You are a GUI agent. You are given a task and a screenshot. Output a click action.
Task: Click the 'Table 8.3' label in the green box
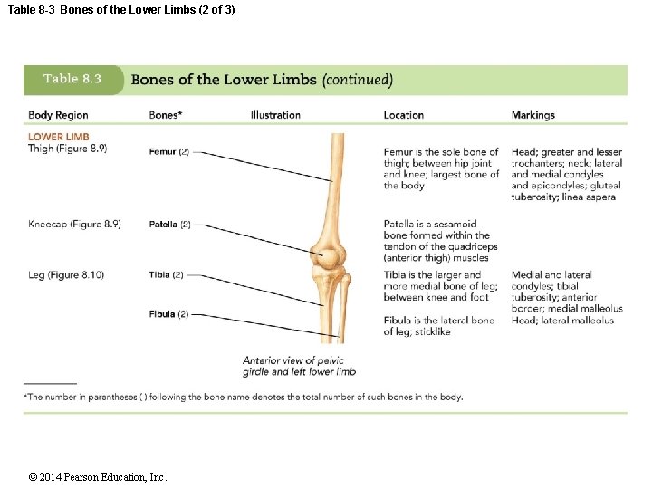coord(72,79)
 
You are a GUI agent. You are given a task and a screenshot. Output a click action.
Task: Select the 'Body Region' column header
coord(58,115)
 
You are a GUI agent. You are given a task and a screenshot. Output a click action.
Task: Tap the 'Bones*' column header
coord(165,115)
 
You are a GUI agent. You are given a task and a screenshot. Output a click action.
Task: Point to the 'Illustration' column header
coord(275,115)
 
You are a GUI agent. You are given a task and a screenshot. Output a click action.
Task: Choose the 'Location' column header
coord(403,115)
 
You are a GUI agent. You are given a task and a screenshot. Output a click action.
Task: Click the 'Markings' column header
coord(532,115)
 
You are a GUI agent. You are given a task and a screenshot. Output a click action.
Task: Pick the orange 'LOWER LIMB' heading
coord(59,138)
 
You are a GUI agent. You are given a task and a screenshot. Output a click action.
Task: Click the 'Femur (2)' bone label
coord(168,151)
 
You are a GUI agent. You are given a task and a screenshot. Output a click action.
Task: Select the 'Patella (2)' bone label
coord(170,224)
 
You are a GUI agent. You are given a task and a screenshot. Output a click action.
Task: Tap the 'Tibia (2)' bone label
coord(167,274)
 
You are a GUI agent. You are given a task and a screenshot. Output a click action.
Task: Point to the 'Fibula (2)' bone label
coord(168,314)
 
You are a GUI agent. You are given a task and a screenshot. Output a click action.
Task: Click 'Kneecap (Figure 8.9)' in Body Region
coord(74,224)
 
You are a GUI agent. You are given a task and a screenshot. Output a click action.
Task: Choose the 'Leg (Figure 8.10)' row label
coord(66,274)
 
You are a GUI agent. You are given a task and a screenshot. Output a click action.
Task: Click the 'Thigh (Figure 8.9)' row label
coord(67,149)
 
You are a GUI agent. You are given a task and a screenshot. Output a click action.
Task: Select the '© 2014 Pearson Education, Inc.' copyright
coord(98,477)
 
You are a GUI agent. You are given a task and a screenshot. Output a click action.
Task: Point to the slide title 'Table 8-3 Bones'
coord(120,10)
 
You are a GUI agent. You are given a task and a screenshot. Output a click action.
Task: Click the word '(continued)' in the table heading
coord(358,80)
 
